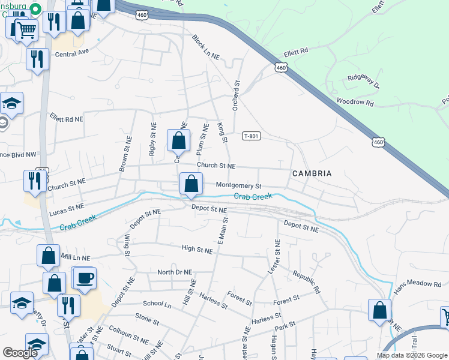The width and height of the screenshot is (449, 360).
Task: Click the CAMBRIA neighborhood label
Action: [x=312, y=173]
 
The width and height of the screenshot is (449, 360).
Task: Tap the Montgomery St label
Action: [x=239, y=186]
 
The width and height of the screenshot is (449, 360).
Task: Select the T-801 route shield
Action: [x=252, y=136]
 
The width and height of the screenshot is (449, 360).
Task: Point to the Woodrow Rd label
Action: [x=355, y=103]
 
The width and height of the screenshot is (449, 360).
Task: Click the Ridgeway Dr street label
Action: [x=364, y=79]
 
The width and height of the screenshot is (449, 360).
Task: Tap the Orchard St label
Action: [x=237, y=94]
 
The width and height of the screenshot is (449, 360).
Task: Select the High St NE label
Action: [x=197, y=248]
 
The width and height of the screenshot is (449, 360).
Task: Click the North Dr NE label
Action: [x=174, y=272]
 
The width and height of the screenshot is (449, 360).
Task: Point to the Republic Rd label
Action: [x=306, y=281]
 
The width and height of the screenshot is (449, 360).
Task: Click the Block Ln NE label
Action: [x=206, y=47]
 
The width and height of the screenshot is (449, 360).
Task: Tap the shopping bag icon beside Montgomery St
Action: [x=191, y=183]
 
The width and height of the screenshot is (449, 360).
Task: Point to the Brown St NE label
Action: [x=125, y=157]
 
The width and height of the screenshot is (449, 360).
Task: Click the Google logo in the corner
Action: [x=20, y=353]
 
